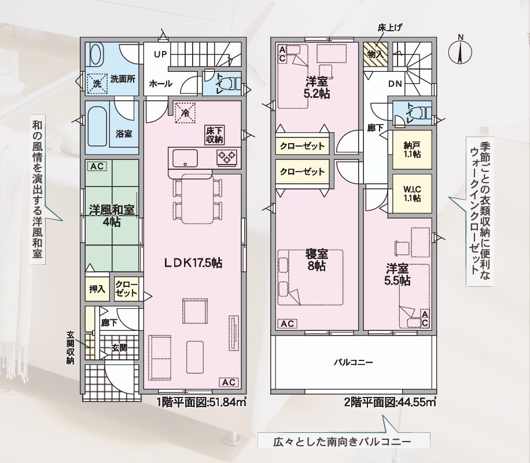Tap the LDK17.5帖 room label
(193, 263)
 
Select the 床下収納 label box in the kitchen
(214, 134)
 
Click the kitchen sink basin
(185, 158)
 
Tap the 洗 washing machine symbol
(97, 83)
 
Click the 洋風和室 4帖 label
(112, 215)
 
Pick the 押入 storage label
(97, 289)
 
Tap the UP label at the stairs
(160, 54)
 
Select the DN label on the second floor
(395, 83)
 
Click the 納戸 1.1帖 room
(412, 150)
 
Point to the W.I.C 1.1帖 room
(412, 194)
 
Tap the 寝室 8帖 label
(316, 260)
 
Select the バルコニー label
(353, 363)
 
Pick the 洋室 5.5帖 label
(398, 275)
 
